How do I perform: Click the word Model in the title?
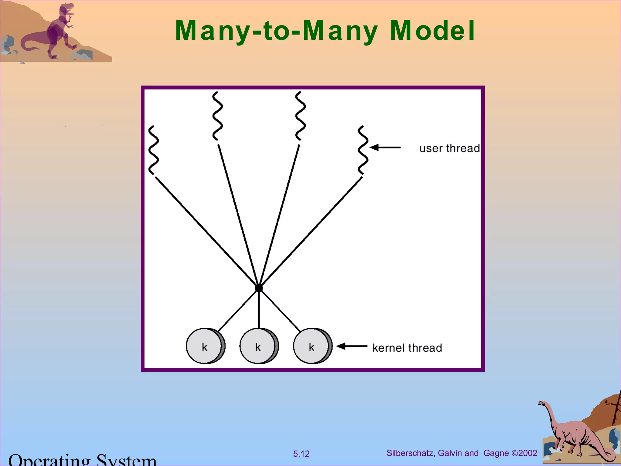[432, 31]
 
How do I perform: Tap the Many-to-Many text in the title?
[276, 31]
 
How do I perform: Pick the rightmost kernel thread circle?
[312, 346]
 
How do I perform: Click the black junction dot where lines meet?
[259, 288]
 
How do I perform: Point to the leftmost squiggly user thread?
[153, 150]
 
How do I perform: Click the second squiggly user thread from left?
[217, 116]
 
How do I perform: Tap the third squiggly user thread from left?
[300, 116]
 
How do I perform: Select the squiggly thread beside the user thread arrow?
[363, 150]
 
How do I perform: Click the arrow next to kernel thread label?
[352, 346]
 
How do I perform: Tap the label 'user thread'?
[449, 148]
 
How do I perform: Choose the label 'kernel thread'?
[407, 348]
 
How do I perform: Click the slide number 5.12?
[301, 454]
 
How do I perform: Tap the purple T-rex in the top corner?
[58, 32]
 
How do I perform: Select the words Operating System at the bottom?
[82, 460]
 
